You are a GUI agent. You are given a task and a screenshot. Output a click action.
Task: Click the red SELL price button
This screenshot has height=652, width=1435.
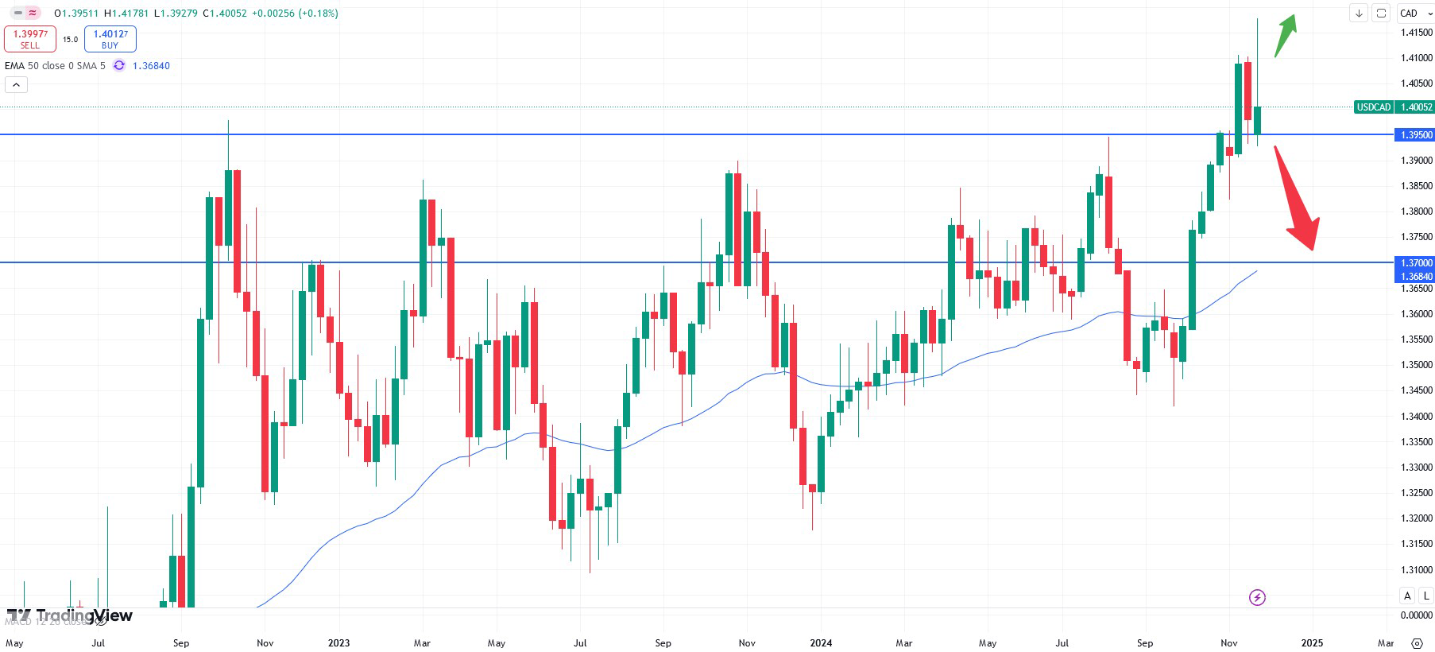point(30,38)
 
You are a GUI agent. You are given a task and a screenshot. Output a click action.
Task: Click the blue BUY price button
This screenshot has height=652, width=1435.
point(110,38)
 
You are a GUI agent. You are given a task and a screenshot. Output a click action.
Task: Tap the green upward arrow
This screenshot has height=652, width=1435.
point(1285,36)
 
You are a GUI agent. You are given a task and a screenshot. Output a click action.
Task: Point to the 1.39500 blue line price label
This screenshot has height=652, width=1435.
point(1415,135)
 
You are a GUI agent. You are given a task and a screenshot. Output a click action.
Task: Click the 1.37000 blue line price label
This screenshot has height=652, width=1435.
point(1415,262)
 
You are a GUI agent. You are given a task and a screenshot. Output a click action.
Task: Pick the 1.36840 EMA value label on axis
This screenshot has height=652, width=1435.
point(1415,277)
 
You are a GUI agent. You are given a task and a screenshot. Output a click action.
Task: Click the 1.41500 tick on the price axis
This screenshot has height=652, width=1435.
point(1416,33)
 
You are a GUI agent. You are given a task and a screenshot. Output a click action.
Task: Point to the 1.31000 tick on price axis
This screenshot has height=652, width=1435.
point(1416,570)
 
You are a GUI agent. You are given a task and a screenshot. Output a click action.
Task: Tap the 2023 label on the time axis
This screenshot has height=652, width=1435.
point(338,642)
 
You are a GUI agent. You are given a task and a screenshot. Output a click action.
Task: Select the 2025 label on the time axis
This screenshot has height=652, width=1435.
point(1312,642)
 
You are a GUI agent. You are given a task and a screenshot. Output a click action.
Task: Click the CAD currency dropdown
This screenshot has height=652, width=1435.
point(1415,14)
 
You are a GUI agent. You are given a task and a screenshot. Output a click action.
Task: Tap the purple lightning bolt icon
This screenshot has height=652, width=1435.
point(1257,597)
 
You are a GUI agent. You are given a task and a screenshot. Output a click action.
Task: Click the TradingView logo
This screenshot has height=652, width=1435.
point(70,615)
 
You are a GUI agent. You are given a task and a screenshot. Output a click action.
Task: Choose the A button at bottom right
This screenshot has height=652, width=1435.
point(1407,596)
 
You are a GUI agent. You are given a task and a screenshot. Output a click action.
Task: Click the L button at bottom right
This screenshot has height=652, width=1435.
point(1425,596)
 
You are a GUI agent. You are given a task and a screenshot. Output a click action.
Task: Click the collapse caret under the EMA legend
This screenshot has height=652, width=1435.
point(16,84)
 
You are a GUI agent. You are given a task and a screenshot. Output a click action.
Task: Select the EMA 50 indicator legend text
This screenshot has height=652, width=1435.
point(55,66)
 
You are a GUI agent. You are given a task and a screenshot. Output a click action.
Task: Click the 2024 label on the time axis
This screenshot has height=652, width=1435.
point(821,642)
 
